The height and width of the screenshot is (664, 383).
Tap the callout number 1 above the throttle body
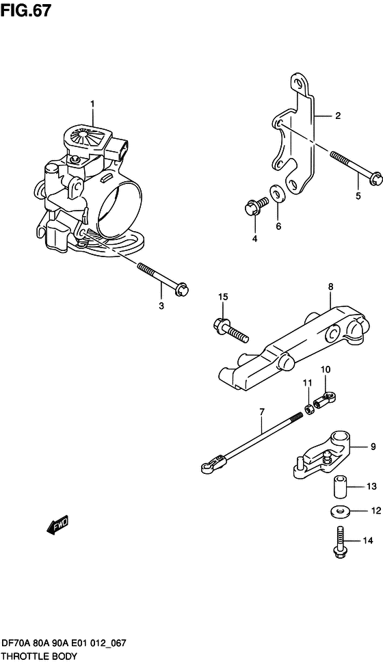(x=93, y=104)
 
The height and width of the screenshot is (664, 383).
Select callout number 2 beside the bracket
(x=337, y=116)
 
